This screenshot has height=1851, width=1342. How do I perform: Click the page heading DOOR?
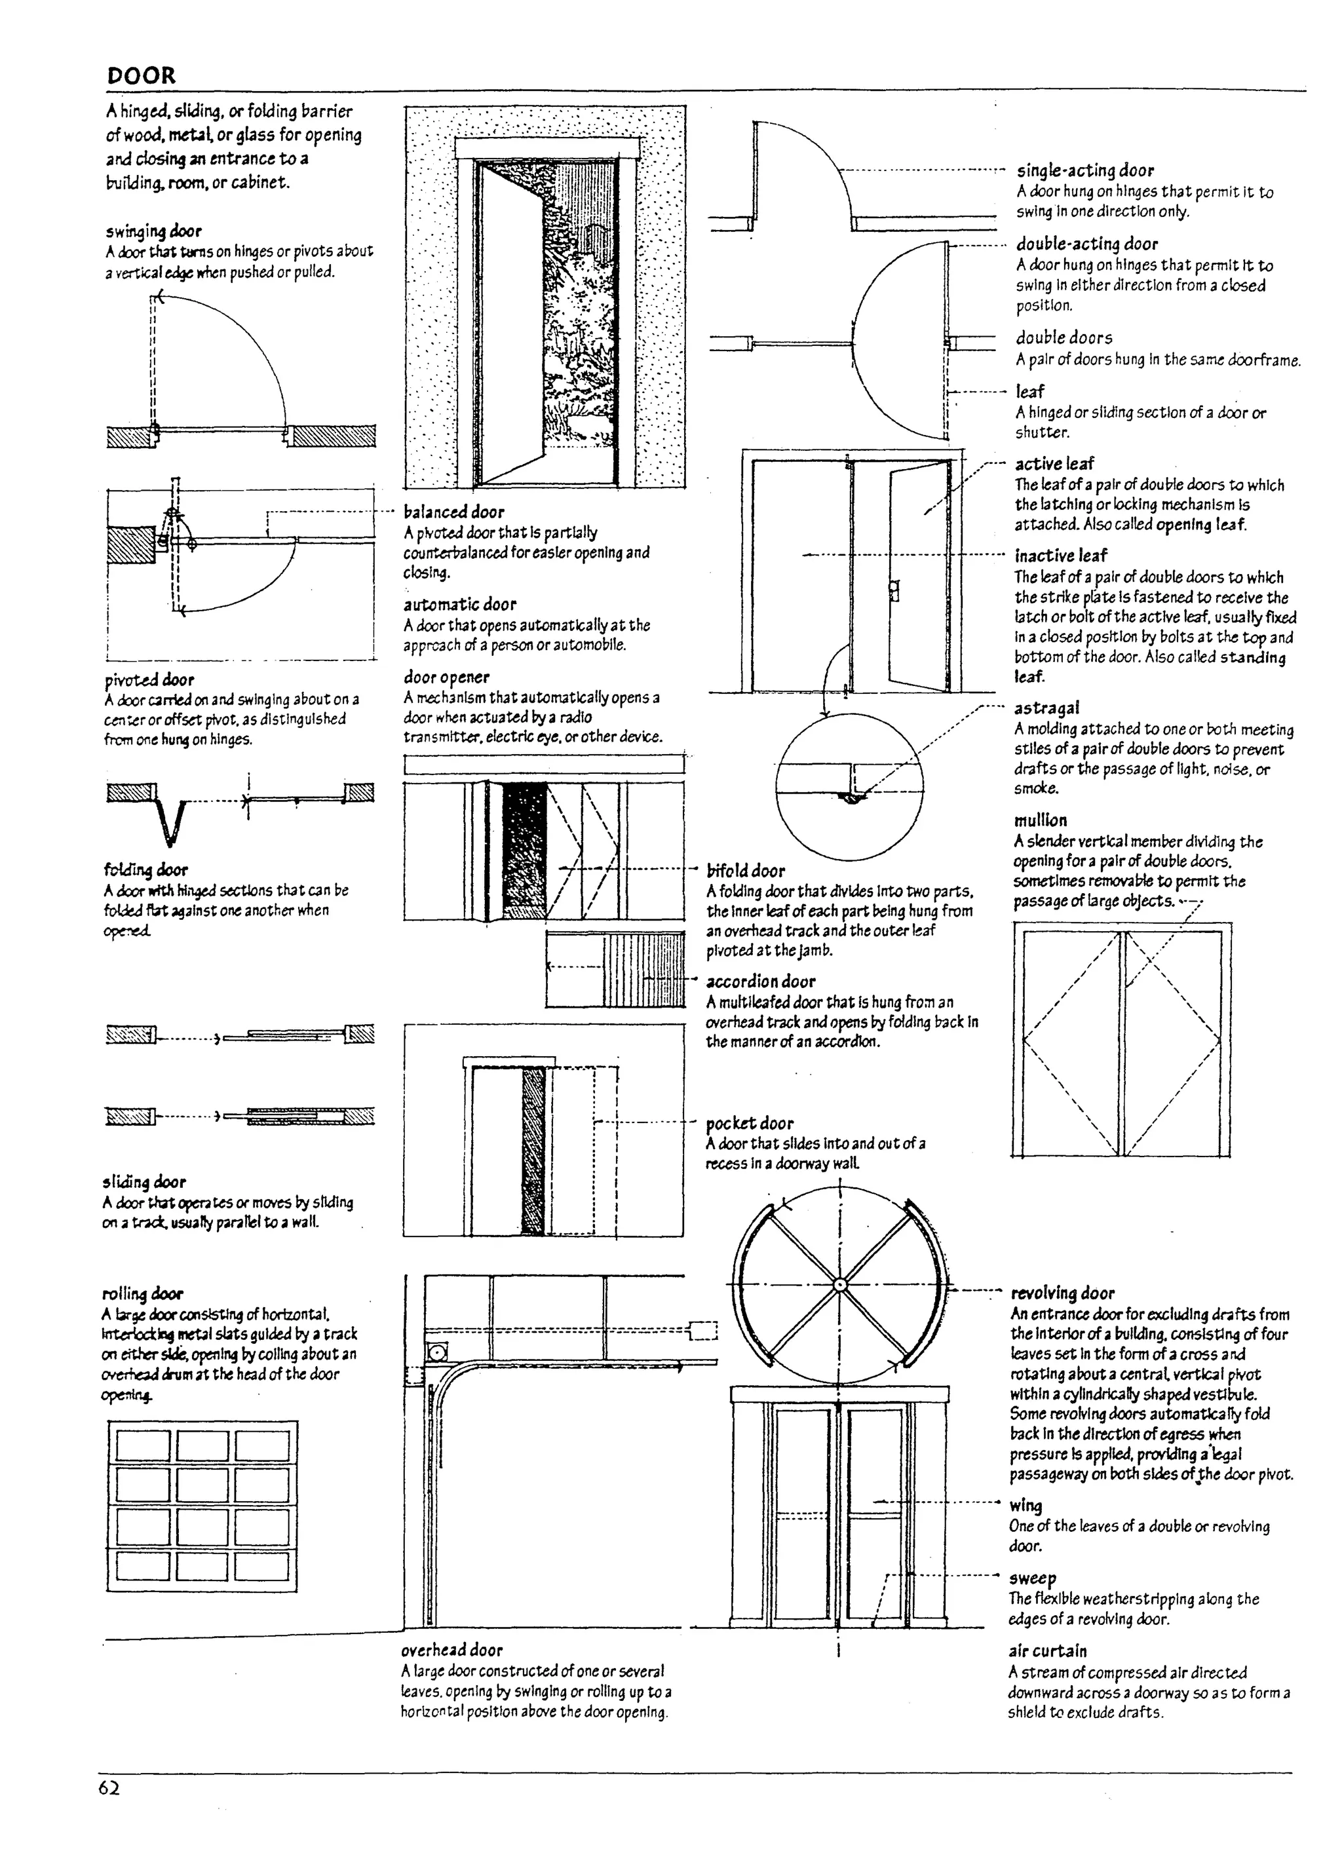click(x=140, y=76)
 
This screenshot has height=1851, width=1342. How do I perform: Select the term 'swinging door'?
click(x=153, y=231)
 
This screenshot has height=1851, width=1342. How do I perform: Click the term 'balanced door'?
click(x=454, y=512)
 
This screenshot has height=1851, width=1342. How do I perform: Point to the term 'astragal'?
click(x=1046, y=708)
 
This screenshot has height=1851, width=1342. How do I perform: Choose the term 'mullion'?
click(x=1040, y=820)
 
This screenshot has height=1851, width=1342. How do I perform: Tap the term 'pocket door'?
click(x=750, y=1123)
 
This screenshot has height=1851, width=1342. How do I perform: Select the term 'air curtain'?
click(x=1047, y=1651)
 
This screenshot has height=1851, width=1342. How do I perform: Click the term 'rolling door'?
click(x=143, y=1293)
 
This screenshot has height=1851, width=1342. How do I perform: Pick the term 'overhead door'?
click(x=451, y=1649)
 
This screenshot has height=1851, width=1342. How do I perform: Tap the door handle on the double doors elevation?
click(x=894, y=589)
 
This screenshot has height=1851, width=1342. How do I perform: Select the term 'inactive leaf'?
click(x=1060, y=556)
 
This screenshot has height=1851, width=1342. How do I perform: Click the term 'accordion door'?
click(x=760, y=981)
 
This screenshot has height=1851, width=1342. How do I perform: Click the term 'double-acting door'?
click(x=1086, y=243)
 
